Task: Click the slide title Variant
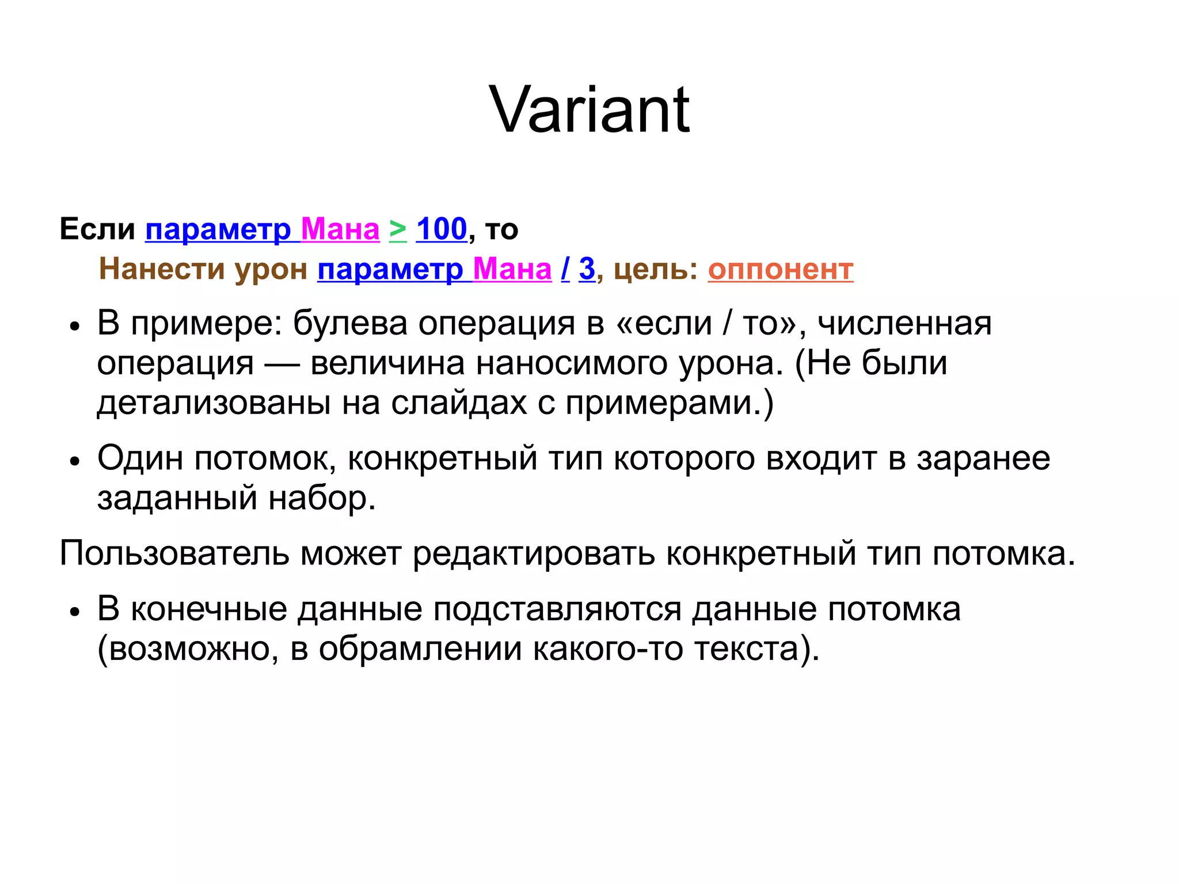[589, 109]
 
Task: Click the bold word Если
[97, 229]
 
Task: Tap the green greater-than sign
[397, 229]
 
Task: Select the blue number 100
[441, 229]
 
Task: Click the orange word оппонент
[780, 269]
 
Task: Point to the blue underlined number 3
[587, 269]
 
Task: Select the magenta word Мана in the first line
[340, 229]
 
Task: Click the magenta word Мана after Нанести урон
[512, 269]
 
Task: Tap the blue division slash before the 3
[565, 269]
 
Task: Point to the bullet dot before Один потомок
[74, 461]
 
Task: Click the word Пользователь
[174, 553]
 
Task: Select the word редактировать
[534, 553]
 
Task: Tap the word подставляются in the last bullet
[557, 609]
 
